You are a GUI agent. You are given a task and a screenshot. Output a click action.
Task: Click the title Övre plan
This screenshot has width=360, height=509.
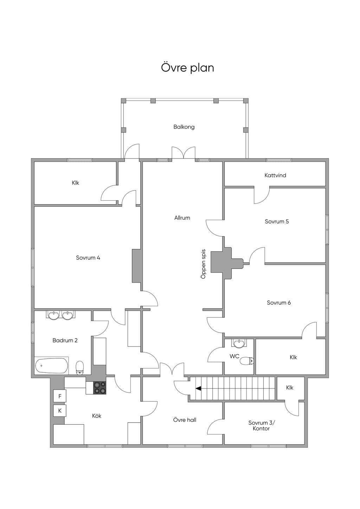click(187, 68)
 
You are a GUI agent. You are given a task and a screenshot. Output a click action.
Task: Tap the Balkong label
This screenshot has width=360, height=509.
click(184, 127)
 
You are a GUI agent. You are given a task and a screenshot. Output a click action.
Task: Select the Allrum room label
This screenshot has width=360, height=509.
click(182, 218)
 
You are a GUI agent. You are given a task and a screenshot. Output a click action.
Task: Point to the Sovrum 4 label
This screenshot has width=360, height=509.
click(88, 258)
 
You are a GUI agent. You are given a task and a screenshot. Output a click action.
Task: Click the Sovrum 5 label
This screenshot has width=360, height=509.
click(277, 221)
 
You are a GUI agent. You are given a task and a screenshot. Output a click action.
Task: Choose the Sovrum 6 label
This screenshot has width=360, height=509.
click(279, 303)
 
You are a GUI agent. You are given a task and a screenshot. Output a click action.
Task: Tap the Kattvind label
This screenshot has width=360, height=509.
click(275, 175)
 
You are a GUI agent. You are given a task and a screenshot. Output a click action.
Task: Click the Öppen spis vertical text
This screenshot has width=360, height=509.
click(203, 264)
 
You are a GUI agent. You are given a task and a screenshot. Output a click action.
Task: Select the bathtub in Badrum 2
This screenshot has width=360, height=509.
click(52, 366)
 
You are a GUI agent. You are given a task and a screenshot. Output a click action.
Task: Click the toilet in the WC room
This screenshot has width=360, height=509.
click(247, 361)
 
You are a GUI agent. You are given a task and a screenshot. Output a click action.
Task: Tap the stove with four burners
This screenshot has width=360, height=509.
click(100, 388)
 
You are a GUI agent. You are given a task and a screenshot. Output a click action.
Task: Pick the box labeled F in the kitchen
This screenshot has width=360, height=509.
click(60, 396)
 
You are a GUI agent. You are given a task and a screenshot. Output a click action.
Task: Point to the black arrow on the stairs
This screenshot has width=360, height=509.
click(198, 388)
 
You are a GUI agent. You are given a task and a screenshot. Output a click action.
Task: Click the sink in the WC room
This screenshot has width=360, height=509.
click(239, 344)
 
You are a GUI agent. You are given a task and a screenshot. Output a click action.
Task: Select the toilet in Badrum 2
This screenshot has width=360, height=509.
click(80, 367)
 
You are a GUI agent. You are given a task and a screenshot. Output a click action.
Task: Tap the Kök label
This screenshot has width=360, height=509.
click(97, 415)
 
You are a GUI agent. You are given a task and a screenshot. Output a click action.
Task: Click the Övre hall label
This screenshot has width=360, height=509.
click(185, 420)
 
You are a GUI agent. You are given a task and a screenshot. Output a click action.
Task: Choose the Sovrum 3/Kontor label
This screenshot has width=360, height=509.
click(261, 425)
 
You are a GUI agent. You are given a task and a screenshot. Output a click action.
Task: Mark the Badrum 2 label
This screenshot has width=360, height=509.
click(65, 340)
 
